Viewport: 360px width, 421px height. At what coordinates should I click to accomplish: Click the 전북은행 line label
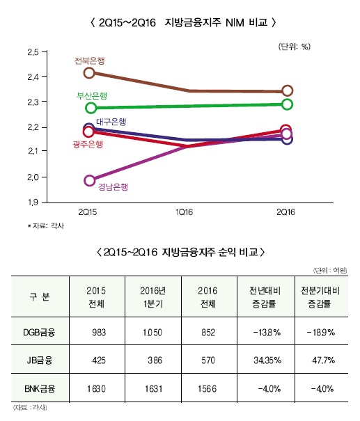(88, 61)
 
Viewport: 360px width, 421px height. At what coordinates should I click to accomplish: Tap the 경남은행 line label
(113, 186)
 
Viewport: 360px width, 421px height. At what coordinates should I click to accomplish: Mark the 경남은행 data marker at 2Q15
(89, 180)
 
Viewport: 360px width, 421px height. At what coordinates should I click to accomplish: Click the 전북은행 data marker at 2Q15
(89, 73)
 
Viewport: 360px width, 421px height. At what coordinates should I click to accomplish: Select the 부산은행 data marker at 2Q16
(287, 104)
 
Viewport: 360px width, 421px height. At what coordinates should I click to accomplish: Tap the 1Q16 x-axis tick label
(185, 212)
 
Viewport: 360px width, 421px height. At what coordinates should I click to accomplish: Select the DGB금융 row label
(40, 332)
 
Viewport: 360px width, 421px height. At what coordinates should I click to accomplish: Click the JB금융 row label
(40, 360)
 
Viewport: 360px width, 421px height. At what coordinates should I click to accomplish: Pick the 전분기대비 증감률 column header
(321, 296)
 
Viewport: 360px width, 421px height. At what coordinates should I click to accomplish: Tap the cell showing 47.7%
(321, 360)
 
